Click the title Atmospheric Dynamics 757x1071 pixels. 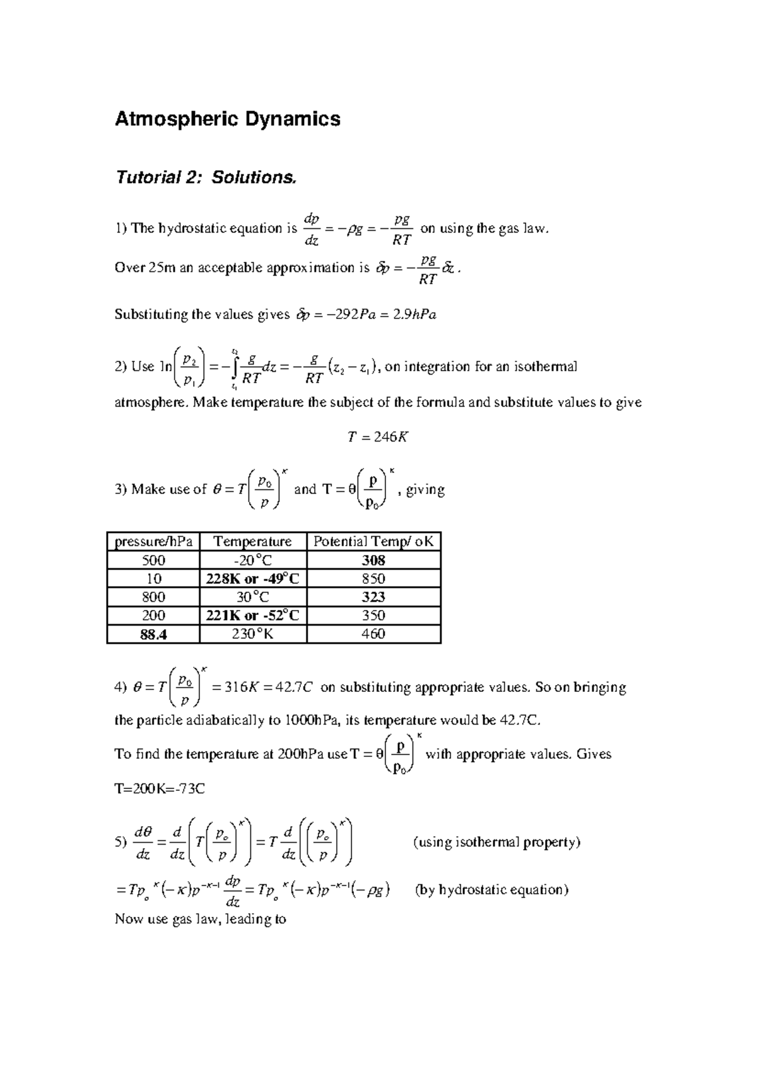click(227, 119)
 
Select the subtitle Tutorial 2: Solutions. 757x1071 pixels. click(205, 177)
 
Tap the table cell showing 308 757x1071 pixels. click(373, 560)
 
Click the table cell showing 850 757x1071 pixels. click(373, 578)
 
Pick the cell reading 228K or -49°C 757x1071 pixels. click(252, 578)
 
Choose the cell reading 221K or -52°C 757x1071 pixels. click(252, 615)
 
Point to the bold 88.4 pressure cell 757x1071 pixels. click(153, 634)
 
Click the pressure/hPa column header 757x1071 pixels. click(153, 541)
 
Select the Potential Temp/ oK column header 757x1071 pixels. click(373, 541)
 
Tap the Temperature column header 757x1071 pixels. click(252, 541)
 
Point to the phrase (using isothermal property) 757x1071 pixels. click(496, 842)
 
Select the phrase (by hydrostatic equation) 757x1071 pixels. click(491, 890)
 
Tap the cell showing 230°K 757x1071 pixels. click(252, 634)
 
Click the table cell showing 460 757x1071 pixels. click(373, 634)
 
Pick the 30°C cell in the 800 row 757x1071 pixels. click(252, 597)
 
